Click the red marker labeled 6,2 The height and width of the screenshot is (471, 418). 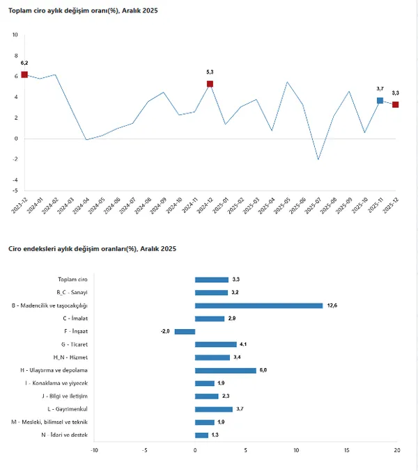[x=24, y=74]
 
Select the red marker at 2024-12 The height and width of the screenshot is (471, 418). [x=210, y=83]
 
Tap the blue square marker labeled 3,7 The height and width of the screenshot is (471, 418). [x=380, y=100]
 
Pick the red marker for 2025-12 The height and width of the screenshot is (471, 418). [x=395, y=104]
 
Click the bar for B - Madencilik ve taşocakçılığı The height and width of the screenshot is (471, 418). [x=258, y=305]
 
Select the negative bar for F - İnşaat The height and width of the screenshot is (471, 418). [x=185, y=331]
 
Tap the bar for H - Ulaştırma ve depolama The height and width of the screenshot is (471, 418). [x=225, y=370]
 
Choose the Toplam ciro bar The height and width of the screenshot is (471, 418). [x=211, y=280]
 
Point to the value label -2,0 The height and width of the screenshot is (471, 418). [x=166, y=331]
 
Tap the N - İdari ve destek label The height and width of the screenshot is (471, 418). [x=64, y=435]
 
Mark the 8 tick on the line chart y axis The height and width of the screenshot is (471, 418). [x=16, y=55]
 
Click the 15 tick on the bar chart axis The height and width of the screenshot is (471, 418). [x=346, y=449]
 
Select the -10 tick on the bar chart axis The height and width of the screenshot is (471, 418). [x=95, y=449]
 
